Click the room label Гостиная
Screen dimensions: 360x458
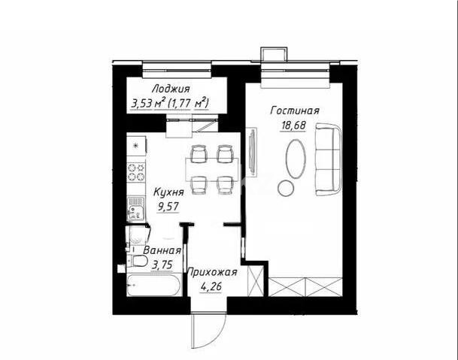pyautogui.click(x=295, y=111)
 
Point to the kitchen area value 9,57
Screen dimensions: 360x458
pyautogui.click(x=170, y=206)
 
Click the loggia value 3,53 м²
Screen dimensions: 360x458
pyautogui.click(x=147, y=102)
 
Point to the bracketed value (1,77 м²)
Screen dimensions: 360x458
pyautogui.click(x=188, y=102)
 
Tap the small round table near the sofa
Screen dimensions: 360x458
pyautogui.click(x=285, y=186)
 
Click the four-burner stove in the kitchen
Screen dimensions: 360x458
pyautogui.click(x=135, y=172)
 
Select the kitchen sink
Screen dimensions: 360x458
pyautogui.click(x=136, y=205)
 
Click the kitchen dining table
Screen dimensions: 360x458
pyautogui.click(x=212, y=168)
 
